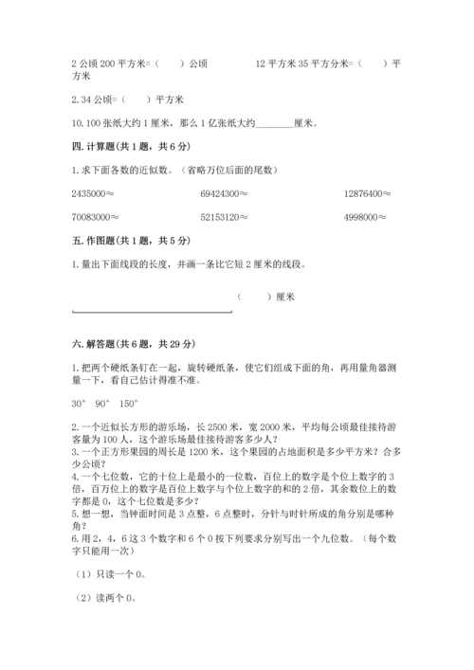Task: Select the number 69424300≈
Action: pyautogui.click(x=225, y=193)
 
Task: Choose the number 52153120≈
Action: pyautogui.click(x=225, y=216)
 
